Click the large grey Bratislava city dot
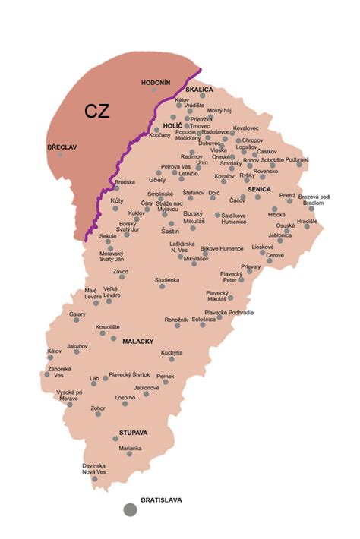pyautogui.click(x=130, y=510)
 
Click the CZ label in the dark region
pyautogui.click(x=96, y=111)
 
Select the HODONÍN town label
pyautogui.click(x=156, y=82)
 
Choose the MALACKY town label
pyautogui.click(x=138, y=342)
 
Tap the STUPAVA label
pyautogui.click(x=133, y=433)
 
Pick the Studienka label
pyautogui.click(x=167, y=280)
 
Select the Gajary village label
pyautogui.click(x=77, y=313)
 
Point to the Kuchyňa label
pyautogui.click(x=172, y=353)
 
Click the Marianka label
pyautogui.click(x=130, y=448)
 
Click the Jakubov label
pyautogui.click(x=77, y=346)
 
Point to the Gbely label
pyautogui.click(x=157, y=181)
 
